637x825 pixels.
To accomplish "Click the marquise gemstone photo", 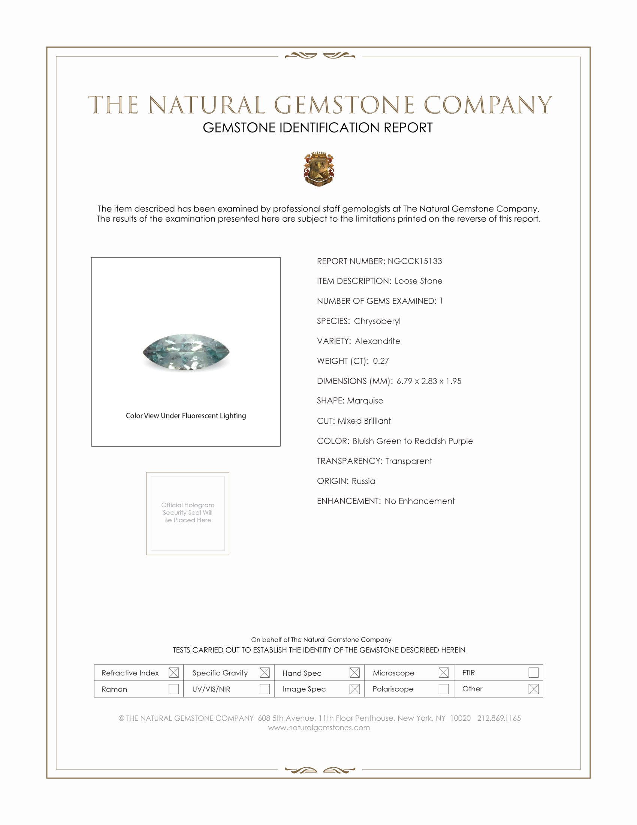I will (x=186, y=352).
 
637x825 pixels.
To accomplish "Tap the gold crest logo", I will (x=319, y=169).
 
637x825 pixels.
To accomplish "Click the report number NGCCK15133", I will (x=414, y=261).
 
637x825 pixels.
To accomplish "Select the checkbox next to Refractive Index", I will (x=173, y=672).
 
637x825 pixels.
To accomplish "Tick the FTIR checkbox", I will (x=533, y=672).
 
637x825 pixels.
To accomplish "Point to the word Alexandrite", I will (x=377, y=341).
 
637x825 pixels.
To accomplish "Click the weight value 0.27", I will (x=381, y=361).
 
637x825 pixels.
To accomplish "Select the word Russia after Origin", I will (x=363, y=481).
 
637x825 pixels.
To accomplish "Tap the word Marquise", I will (x=365, y=401).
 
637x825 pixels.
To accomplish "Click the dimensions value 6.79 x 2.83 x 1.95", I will (x=429, y=381).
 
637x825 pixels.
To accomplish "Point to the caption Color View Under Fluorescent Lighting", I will (x=185, y=415).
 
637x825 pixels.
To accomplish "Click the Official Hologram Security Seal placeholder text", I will (x=188, y=513).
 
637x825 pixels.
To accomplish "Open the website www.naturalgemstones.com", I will (x=319, y=727).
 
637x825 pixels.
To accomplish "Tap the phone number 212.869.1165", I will (x=499, y=718).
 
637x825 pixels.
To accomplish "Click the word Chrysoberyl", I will (x=377, y=321).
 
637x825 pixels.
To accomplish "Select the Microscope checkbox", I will (x=444, y=672).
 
